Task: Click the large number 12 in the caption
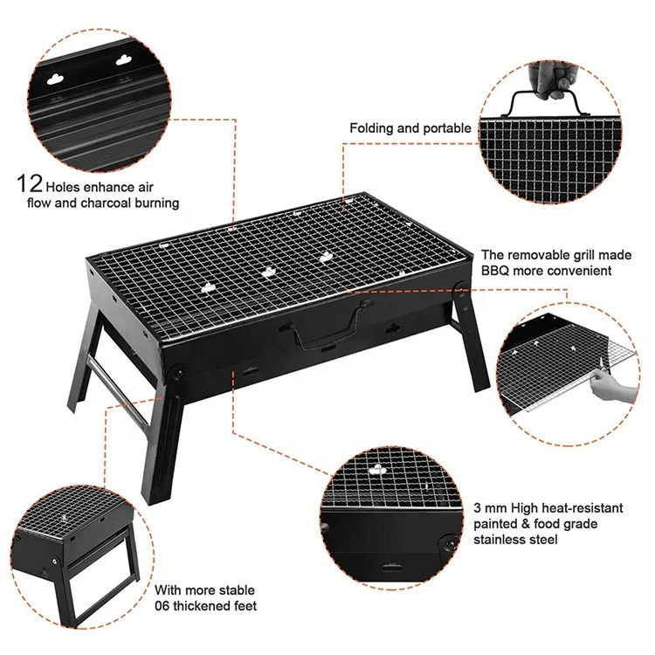(28, 185)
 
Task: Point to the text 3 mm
(491, 507)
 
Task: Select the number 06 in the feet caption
(165, 605)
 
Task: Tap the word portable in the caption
(447, 128)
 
